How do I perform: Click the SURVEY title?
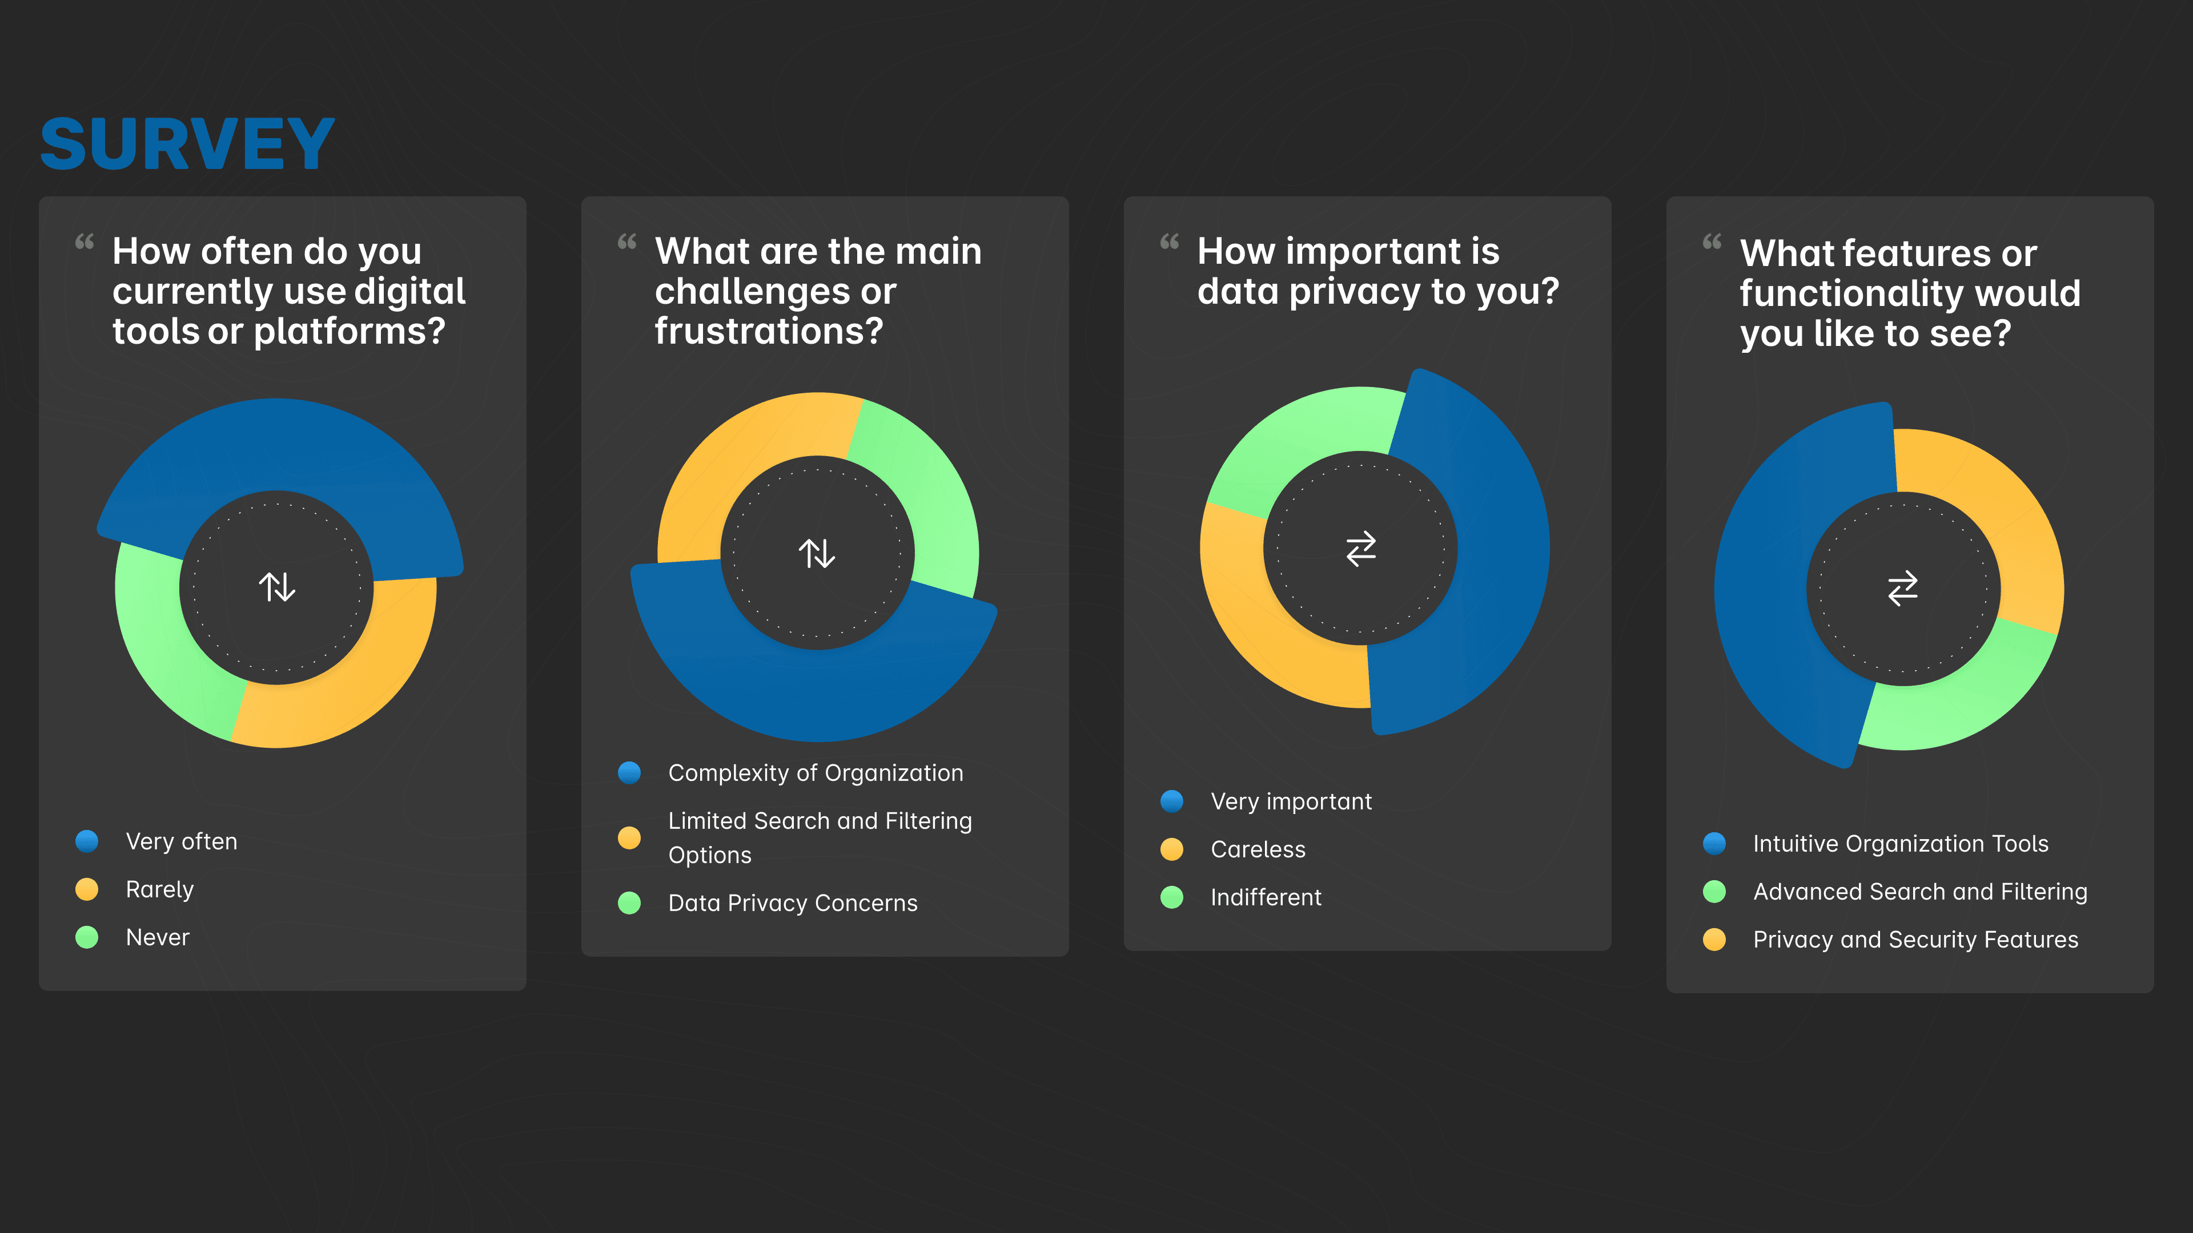point(187,144)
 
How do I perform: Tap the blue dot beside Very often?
point(87,841)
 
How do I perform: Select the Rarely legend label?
point(160,889)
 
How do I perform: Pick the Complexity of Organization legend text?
point(816,773)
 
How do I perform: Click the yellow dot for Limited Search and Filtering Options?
point(629,838)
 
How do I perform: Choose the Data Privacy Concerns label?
point(793,903)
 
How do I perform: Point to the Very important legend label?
point(1291,801)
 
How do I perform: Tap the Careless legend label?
point(1258,849)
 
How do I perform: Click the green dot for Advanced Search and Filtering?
point(1714,892)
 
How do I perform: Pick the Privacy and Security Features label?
point(1915,940)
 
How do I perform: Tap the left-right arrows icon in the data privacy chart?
point(1360,549)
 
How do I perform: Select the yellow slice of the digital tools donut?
point(358,681)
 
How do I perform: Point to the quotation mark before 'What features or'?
point(1712,243)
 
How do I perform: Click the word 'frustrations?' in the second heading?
point(769,331)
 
